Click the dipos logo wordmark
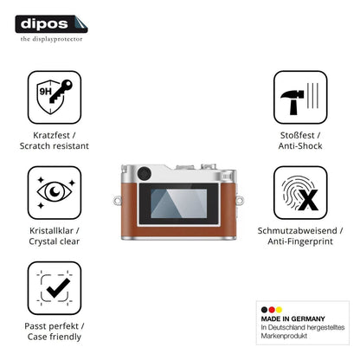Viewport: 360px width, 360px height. click(44, 23)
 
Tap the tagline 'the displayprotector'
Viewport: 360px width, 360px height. click(51, 39)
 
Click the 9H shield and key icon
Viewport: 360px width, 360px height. click(55, 97)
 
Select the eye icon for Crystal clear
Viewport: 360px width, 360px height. click(55, 192)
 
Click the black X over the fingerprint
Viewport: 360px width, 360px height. click(308, 200)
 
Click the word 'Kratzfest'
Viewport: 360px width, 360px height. click(51, 135)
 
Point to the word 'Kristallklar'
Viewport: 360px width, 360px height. click(51, 231)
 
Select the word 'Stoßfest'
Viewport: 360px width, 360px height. click(297, 135)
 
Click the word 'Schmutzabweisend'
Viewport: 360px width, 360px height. click(297, 231)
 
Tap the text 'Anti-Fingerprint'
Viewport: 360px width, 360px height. click(300, 241)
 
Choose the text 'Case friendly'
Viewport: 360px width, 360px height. click(55, 337)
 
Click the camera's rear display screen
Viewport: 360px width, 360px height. click(179, 203)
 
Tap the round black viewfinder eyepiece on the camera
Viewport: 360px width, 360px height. click(145, 174)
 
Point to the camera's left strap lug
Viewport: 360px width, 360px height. click(117, 200)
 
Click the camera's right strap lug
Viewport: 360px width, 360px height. click(240, 200)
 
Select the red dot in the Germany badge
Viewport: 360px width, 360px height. click(272, 310)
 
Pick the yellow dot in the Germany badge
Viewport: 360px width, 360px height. click(279, 310)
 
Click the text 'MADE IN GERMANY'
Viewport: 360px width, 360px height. click(292, 318)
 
